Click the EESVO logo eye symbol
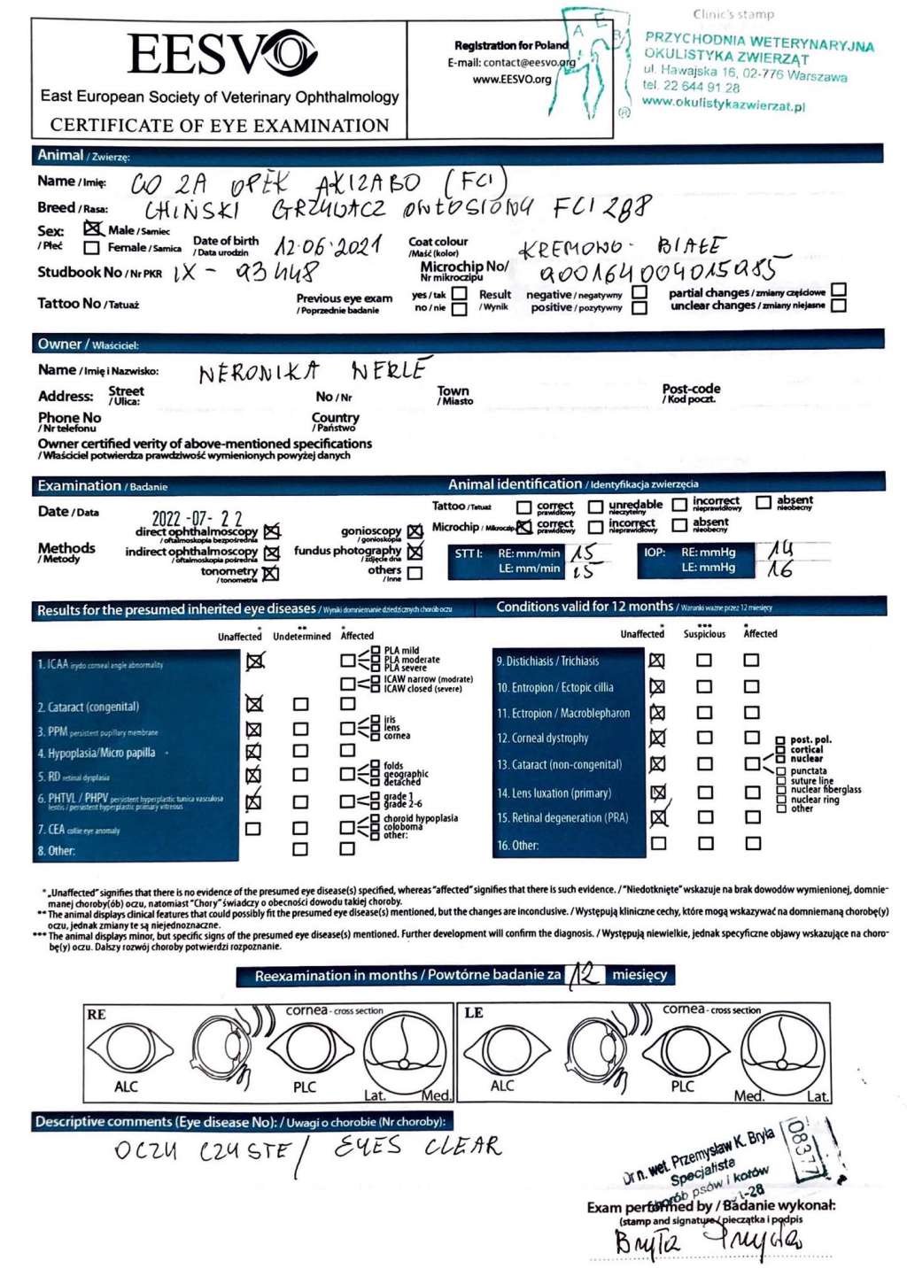(x=291, y=52)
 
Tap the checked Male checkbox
(x=92, y=228)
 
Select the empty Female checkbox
(x=91, y=248)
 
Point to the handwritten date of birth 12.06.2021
(x=328, y=245)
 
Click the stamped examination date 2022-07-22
(x=197, y=518)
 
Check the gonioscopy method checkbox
(x=415, y=531)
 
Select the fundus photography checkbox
(x=415, y=552)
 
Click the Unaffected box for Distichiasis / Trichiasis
(x=656, y=660)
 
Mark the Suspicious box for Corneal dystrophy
(x=704, y=738)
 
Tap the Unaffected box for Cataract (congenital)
(x=254, y=704)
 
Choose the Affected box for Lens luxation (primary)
(x=752, y=793)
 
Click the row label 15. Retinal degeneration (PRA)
(x=562, y=817)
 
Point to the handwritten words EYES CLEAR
(x=417, y=1147)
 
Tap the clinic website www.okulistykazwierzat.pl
(x=723, y=104)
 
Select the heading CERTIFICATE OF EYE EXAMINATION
(x=220, y=125)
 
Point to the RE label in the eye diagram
(x=97, y=1015)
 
